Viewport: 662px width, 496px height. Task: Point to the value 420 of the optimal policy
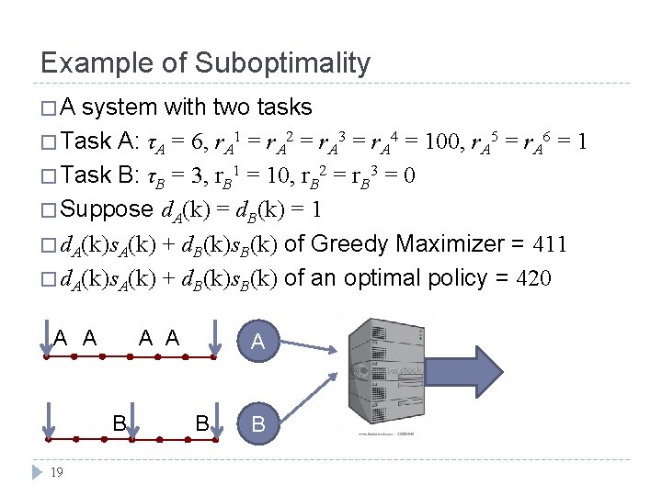click(532, 277)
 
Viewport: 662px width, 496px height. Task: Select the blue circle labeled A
click(258, 342)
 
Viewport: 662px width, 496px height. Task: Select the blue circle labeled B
click(258, 424)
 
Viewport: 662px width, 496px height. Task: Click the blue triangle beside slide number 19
click(36, 473)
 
